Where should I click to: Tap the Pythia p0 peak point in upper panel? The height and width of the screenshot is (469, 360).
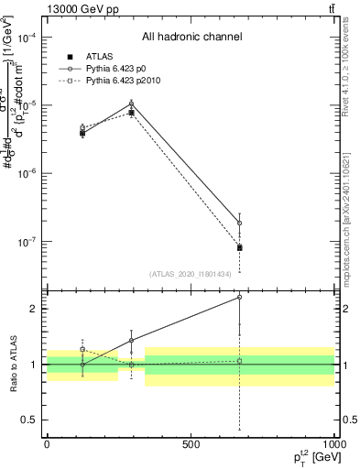132,103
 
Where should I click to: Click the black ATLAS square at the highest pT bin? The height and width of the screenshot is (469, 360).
239,247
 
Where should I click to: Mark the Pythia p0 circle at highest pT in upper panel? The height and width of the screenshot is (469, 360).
239,223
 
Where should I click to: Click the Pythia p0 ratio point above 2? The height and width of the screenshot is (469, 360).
239,297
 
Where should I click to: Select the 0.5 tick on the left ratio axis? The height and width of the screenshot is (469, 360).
33,420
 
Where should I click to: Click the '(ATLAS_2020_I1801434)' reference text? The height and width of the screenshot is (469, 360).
191,273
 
